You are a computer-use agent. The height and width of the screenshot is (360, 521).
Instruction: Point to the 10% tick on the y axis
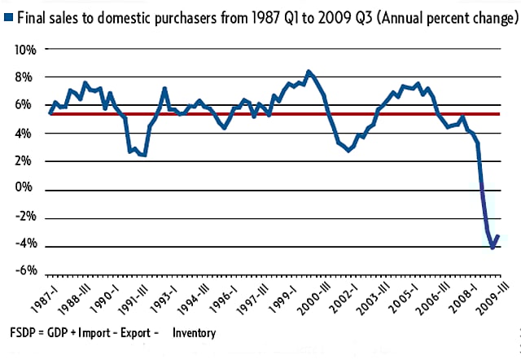[x=25, y=50]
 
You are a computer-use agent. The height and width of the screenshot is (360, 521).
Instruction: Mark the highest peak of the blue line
[x=308, y=72]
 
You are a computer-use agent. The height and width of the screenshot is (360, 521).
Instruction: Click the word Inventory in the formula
[x=194, y=332]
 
